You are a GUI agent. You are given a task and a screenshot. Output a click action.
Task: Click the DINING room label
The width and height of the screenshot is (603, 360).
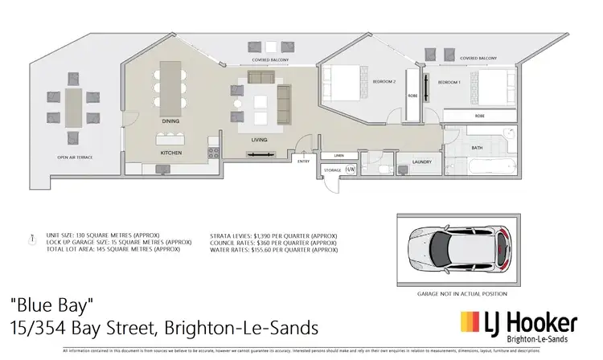[170, 121]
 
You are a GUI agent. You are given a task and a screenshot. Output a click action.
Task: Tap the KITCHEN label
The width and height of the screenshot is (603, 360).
[170, 151]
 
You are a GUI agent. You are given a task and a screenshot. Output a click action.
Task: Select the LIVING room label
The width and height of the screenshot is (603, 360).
[260, 140]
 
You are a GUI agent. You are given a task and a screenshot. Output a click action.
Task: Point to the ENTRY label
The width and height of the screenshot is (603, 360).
[303, 162]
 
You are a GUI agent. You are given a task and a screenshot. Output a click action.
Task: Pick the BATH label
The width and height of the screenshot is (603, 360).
[477, 147]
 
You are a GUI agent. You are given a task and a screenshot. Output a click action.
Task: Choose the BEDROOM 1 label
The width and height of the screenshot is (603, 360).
[449, 83]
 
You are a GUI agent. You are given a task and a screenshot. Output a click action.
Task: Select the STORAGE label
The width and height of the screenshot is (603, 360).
[333, 170]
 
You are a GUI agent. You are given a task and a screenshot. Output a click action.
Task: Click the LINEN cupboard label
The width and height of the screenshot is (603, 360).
[338, 155]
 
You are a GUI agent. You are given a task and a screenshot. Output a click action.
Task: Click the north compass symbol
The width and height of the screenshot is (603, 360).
[31, 239]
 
